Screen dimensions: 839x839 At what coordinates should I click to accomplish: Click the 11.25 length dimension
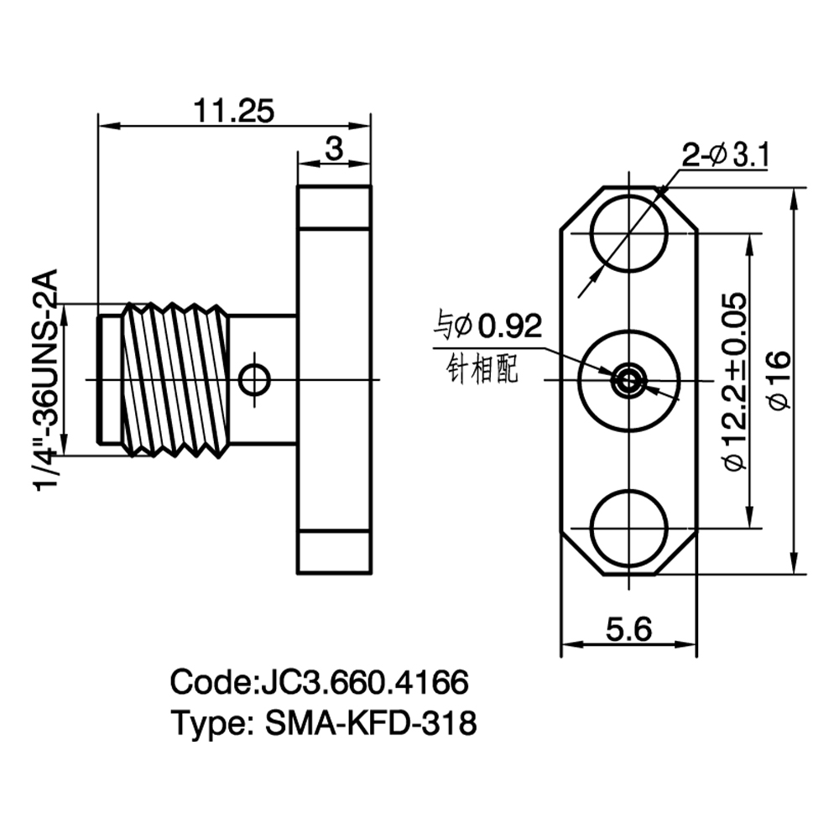pos(234,111)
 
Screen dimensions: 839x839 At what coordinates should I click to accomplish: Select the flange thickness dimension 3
pos(334,149)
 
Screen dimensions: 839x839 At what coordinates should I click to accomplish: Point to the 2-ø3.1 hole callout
pos(725,156)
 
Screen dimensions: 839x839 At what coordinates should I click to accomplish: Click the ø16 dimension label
pos(779,380)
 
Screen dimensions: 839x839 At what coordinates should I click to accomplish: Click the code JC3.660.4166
pos(364,682)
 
